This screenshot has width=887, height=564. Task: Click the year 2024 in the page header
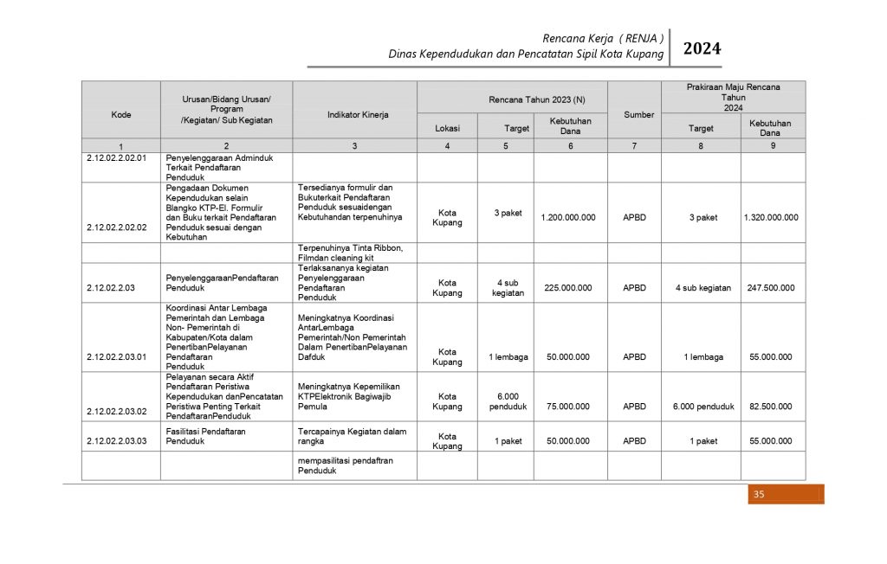coord(702,49)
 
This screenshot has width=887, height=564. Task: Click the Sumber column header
coord(638,114)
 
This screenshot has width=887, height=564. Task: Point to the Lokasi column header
coord(447,128)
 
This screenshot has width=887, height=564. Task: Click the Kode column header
coord(121,114)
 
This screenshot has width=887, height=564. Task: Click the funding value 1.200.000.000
coord(567,218)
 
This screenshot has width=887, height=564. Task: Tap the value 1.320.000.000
coord(770,218)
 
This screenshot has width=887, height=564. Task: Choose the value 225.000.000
coord(567,288)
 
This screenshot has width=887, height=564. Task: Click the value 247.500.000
coord(770,288)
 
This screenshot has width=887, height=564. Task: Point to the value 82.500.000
coord(770,407)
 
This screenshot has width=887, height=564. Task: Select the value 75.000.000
coord(567,407)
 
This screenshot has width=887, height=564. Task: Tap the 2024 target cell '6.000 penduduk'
coord(703,407)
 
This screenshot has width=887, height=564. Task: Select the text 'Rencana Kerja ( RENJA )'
coord(603,38)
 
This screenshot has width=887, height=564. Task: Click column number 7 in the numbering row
coord(634,146)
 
